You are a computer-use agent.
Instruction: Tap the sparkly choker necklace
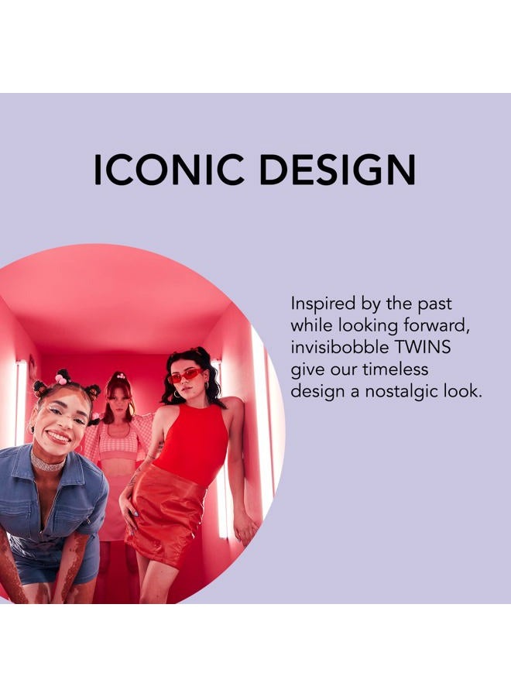49,462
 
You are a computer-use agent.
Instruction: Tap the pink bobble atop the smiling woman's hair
61,379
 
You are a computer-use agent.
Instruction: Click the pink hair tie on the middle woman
118,379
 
